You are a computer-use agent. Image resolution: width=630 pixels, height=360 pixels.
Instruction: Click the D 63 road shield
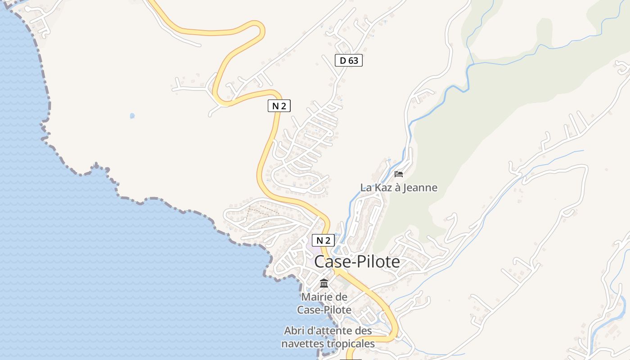[x=349, y=60]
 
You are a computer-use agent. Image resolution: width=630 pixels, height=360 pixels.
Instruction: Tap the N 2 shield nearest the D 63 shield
[x=279, y=106]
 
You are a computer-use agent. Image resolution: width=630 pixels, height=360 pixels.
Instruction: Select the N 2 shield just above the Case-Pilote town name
[x=323, y=240]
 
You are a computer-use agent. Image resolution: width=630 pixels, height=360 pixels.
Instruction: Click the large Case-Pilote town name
[x=357, y=262]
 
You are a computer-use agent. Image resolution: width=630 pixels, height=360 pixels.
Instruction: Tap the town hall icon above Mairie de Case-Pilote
[x=324, y=283]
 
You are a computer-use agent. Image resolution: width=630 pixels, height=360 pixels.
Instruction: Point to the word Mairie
[x=318, y=297]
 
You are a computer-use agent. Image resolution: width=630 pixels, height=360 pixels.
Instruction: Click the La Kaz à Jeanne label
[x=399, y=188]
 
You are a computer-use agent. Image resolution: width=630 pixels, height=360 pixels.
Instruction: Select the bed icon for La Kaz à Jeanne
[x=399, y=174]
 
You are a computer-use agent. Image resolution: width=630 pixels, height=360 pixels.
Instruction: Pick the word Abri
[x=294, y=331]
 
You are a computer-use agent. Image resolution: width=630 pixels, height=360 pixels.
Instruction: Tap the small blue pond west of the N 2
[x=132, y=116]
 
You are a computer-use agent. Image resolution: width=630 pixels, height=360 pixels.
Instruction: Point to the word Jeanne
[x=420, y=188]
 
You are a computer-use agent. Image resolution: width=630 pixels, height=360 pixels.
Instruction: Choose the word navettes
[x=298, y=344]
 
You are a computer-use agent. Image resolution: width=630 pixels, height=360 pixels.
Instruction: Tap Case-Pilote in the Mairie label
[x=324, y=310]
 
